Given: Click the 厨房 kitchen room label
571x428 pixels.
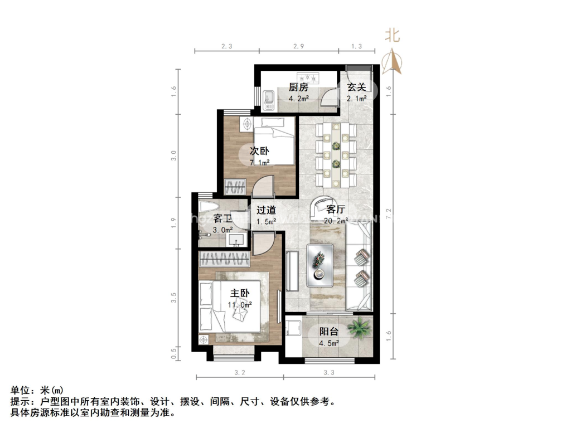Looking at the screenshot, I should (298, 87).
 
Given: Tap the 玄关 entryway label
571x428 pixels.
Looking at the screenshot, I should (356, 87).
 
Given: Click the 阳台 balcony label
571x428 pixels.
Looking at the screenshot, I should (329, 331).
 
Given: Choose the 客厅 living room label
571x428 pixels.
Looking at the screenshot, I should (335, 210).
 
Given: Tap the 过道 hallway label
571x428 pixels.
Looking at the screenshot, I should (266, 210).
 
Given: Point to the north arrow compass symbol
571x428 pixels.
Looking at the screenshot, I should (393, 62).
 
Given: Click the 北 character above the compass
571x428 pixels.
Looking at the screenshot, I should (393, 36).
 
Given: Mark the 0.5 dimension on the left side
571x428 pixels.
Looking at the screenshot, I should (174, 352).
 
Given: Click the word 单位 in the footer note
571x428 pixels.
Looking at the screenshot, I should (21, 391).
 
